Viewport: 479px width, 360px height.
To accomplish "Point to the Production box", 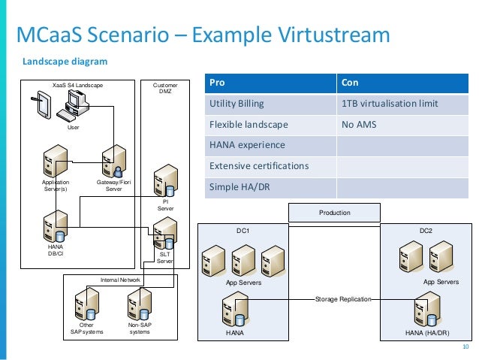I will (x=334, y=213).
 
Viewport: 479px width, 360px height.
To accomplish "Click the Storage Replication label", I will (x=342, y=298).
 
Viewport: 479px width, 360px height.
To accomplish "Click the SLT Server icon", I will (x=164, y=233).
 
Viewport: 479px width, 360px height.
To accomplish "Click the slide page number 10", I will (x=465, y=346).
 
